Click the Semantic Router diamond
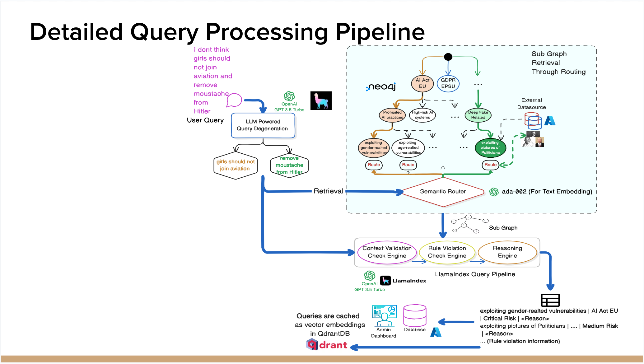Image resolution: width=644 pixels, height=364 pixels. [x=443, y=192]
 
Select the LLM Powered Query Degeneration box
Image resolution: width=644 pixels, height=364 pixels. [x=263, y=125]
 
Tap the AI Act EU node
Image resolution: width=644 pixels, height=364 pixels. [x=422, y=83]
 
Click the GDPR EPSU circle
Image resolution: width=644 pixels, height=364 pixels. [x=448, y=83]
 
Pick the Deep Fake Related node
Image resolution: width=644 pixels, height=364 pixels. [x=478, y=115]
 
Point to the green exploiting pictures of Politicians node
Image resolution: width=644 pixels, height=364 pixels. [x=490, y=148]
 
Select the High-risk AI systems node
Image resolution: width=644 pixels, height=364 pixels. [x=422, y=115]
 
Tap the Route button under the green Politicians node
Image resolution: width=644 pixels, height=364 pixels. [x=490, y=165]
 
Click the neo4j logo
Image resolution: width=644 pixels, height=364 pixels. [x=381, y=87]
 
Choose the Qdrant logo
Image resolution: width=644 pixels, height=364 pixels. [x=326, y=345]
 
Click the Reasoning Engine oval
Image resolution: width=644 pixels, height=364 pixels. [x=507, y=252]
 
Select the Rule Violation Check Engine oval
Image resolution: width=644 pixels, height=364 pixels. [x=447, y=252]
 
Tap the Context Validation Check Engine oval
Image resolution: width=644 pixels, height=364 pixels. [x=387, y=252]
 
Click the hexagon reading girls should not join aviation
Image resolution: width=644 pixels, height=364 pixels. [x=236, y=166]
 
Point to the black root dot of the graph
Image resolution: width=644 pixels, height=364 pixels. [x=448, y=57]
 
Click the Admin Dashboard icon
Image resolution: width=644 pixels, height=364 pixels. [x=385, y=315]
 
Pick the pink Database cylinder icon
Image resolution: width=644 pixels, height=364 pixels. [x=415, y=315]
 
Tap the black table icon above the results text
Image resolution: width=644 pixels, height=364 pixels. [x=550, y=300]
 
